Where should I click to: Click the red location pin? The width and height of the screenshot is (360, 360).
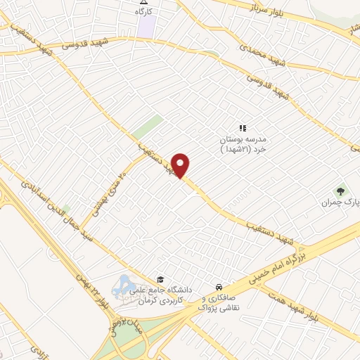(x=181, y=165)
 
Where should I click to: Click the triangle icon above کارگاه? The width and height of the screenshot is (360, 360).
(x=144, y=3)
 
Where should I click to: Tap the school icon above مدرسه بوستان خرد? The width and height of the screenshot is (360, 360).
(x=243, y=128)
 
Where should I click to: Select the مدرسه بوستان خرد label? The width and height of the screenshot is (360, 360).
(x=243, y=143)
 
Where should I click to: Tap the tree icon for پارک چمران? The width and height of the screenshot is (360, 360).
(x=341, y=190)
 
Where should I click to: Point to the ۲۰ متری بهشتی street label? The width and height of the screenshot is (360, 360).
(x=110, y=186)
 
